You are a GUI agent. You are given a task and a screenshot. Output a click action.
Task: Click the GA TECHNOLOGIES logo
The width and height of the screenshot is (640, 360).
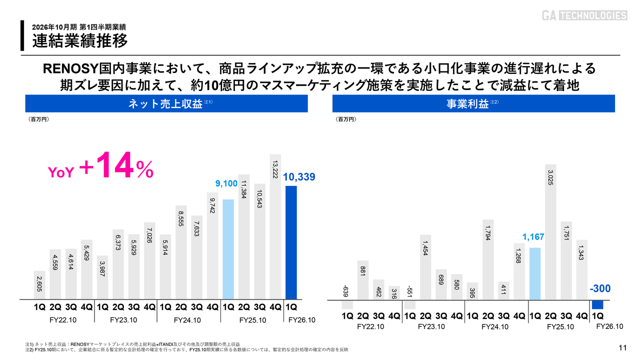[x=584, y=15]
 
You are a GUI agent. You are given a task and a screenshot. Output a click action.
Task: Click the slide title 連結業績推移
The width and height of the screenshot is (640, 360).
[x=80, y=40]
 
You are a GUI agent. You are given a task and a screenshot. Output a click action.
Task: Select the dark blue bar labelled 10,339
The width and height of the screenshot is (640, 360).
[x=291, y=242]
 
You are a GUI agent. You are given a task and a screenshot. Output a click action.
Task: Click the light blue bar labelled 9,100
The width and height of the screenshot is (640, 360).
[x=228, y=249]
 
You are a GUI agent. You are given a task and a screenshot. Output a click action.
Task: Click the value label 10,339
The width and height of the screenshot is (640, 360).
[x=299, y=177]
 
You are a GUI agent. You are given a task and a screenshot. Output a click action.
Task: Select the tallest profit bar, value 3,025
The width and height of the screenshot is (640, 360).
[x=550, y=232]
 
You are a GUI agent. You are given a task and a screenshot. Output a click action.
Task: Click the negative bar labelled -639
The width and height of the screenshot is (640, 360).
[x=347, y=304]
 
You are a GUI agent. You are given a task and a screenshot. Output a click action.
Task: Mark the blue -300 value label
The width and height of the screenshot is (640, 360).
[x=600, y=289]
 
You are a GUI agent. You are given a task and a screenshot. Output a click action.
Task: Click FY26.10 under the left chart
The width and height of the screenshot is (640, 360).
[x=302, y=320]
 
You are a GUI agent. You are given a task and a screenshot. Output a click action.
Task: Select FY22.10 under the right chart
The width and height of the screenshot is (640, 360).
[x=370, y=327]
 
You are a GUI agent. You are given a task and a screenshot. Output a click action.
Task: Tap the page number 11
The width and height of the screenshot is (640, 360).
[x=622, y=348]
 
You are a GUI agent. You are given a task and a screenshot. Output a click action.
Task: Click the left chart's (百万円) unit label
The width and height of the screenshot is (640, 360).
[x=38, y=119]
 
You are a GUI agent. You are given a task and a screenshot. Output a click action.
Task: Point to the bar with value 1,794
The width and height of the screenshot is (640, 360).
[x=488, y=259]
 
